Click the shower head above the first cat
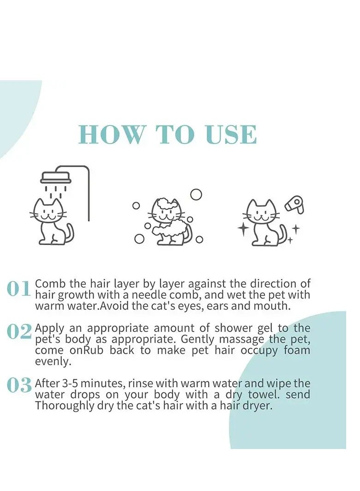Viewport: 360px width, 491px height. pos(56,178)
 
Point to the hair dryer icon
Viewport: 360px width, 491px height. pos(294,205)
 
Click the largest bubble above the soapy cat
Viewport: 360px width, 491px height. pos(196,195)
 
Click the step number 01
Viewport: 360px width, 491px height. pos(19,288)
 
